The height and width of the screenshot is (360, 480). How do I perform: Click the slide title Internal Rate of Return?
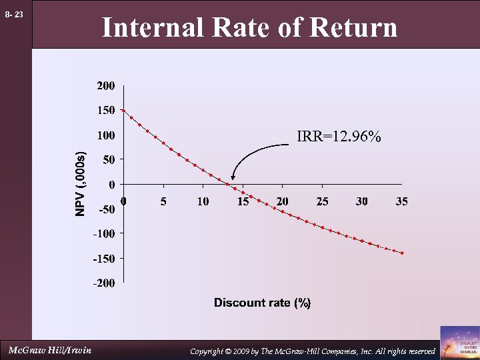pos(249,28)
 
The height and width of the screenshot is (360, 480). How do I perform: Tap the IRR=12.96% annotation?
pos(339,137)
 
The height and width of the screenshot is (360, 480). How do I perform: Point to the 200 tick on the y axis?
pos(105,86)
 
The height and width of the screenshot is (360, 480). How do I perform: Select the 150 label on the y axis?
pos(105,111)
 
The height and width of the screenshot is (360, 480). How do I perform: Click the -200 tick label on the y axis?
pos(104,283)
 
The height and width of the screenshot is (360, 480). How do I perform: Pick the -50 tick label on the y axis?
pos(107,209)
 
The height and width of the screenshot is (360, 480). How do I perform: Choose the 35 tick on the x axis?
pos(401,201)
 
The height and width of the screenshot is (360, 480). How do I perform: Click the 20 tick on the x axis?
pos(282,201)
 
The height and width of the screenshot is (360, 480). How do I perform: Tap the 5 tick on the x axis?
pos(163,201)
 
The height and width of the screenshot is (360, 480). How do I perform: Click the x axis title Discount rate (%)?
pos(262,303)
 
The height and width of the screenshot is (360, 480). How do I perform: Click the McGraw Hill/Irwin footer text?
pos(50,350)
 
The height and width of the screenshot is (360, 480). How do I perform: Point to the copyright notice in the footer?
pos(313,351)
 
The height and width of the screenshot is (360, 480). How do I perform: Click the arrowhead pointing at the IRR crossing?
pos(233,178)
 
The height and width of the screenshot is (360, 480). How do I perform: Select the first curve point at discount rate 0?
pos(123,111)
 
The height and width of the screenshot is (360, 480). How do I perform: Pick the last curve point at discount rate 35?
pos(402,253)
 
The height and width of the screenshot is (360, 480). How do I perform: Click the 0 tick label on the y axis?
pos(112,184)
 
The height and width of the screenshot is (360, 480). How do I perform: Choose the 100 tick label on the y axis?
pos(105,135)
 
